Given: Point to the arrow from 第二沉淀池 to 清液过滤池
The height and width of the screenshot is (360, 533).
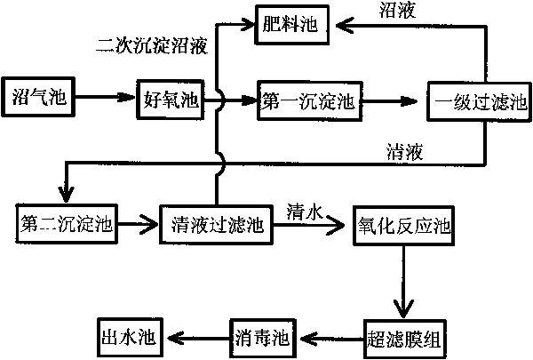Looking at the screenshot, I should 138,222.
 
